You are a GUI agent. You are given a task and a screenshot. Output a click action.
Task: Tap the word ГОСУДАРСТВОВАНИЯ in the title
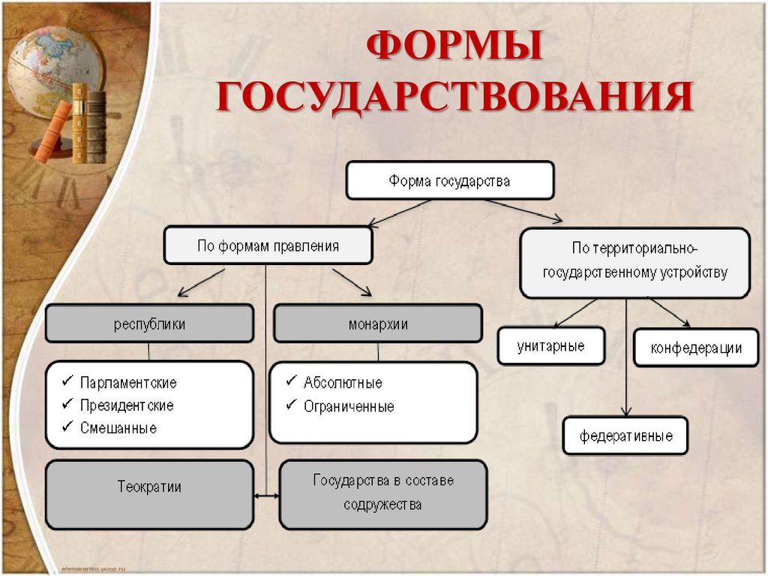pyautogui.click(x=454, y=98)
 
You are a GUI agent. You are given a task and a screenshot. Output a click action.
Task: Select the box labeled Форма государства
pyautogui.click(x=449, y=181)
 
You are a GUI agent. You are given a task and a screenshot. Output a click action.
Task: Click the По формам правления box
pyautogui.click(x=268, y=246)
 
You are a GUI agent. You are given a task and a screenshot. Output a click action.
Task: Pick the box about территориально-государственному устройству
pyautogui.click(x=634, y=261)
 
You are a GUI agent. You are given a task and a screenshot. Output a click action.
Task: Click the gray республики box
pyautogui.click(x=149, y=324)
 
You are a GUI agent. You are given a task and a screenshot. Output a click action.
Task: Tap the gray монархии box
pyautogui.click(x=378, y=324)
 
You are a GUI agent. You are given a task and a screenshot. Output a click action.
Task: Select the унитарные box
pyautogui.click(x=550, y=346)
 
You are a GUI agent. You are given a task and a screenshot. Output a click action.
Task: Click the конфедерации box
pyautogui.click(x=696, y=348)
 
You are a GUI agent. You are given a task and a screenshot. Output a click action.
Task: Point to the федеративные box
pyautogui.click(x=625, y=436)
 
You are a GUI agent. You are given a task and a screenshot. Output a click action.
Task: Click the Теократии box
pyautogui.click(x=149, y=487)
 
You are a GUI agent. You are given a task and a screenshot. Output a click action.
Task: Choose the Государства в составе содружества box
pyautogui.click(x=383, y=493)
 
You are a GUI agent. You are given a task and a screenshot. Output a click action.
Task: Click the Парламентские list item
pyautogui.click(x=128, y=383)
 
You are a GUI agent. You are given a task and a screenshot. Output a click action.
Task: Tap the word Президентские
pyautogui.click(x=127, y=406)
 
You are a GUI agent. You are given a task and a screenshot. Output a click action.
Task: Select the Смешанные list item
pyautogui.click(x=118, y=428)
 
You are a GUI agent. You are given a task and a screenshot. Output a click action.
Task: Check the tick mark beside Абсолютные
pyautogui.click(x=290, y=381)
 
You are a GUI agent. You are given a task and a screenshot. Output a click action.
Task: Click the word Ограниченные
pyautogui.click(x=349, y=406)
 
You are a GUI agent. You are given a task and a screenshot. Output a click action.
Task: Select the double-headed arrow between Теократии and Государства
pyautogui.click(x=266, y=496)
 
